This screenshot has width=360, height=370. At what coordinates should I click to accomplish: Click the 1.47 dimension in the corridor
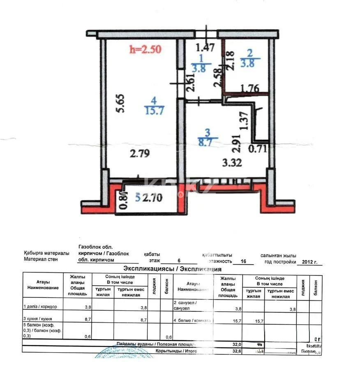205,47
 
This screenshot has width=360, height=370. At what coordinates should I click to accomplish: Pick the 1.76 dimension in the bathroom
249,88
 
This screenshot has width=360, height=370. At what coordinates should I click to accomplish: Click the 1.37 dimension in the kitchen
245,122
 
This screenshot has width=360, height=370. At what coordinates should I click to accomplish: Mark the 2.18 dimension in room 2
231,60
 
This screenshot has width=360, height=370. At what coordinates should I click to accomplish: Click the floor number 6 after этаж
178,261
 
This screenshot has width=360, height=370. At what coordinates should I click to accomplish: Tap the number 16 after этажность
244,261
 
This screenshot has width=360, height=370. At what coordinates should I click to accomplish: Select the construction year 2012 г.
309,261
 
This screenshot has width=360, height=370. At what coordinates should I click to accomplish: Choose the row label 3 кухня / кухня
38,319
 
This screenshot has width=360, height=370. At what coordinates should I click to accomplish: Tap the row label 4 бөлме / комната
192,320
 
